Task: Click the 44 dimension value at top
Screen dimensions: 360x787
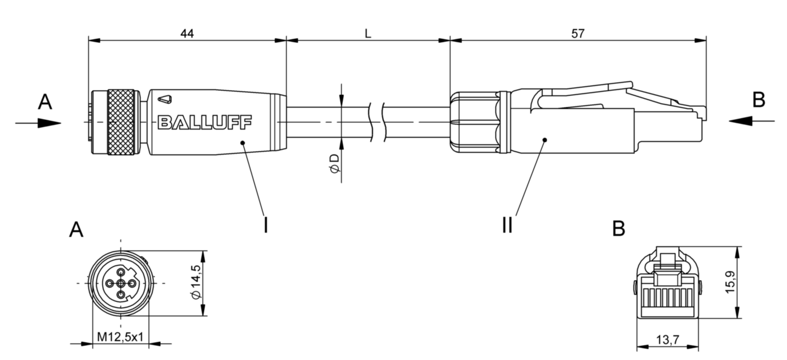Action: (x=187, y=34)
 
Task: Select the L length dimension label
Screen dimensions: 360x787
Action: (x=368, y=34)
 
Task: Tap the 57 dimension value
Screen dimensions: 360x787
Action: (x=578, y=34)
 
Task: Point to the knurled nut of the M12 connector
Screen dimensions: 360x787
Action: (x=121, y=122)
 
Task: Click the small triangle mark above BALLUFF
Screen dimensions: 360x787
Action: (x=165, y=99)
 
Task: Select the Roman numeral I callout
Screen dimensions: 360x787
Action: (x=265, y=225)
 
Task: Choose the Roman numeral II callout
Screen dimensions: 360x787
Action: (x=506, y=225)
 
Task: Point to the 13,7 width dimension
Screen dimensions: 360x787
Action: (x=667, y=341)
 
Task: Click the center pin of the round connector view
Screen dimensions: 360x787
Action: (x=121, y=283)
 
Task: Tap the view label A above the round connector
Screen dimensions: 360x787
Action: (x=76, y=230)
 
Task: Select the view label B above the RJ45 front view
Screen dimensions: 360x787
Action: (x=618, y=229)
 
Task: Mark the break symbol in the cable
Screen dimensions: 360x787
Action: (x=376, y=122)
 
